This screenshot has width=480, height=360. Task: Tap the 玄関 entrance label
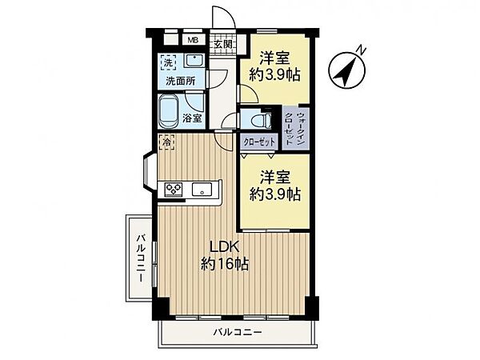pos(222,45)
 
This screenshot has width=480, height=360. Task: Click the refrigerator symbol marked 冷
pos(166,143)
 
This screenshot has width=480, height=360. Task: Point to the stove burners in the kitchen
pos(174,189)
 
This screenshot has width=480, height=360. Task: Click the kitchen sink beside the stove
pos(201,190)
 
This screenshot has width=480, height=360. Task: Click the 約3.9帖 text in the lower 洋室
pos(275,194)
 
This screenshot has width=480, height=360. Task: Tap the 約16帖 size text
pos(224,264)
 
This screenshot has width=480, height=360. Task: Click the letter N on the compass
pos(362,50)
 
